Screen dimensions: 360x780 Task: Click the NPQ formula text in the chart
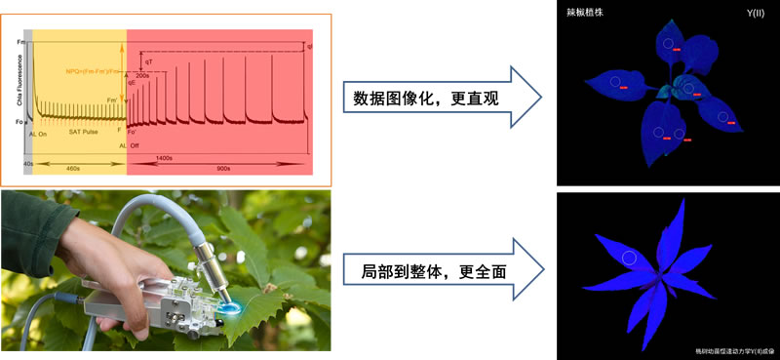(94, 70)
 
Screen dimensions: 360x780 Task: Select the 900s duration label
(223, 168)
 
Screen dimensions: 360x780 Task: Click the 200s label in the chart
(142, 75)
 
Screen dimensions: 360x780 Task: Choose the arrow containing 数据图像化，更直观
(438, 98)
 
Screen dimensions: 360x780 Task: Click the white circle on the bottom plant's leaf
(630, 258)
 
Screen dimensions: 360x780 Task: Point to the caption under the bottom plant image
(730, 348)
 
